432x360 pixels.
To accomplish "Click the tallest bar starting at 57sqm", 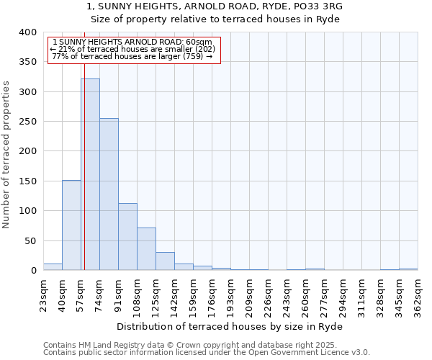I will [x=90, y=174].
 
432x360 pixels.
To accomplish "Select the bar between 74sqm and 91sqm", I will [x=109, y=194].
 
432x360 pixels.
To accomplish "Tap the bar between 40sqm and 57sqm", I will [x=71, y=225].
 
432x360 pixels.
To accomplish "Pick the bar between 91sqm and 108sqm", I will [x=127, y=236].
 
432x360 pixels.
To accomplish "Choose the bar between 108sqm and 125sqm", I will [x=146, y=248].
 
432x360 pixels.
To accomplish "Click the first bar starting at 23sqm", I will [x=53, y=266].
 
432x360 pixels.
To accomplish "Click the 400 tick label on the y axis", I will [x=27, y=32].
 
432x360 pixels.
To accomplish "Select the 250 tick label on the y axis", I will [x=27, y=122].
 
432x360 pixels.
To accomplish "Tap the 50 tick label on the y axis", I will [x=30, y=240].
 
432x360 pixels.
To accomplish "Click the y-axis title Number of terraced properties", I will [x=6, y=154].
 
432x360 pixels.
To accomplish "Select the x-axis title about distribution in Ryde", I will [x=229, y=327].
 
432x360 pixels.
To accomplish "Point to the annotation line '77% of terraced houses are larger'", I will [x=132, y=56].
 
